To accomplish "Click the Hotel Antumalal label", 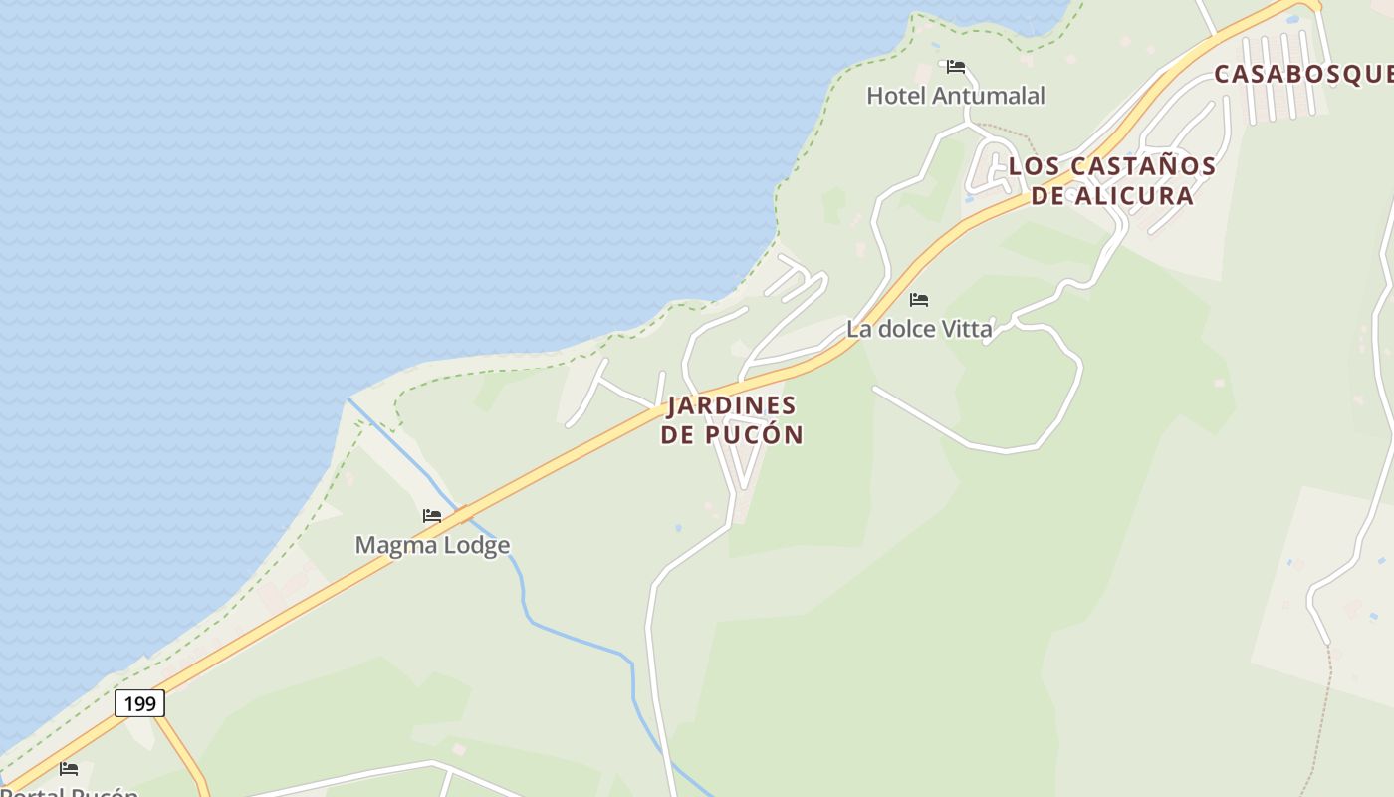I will point(956,96).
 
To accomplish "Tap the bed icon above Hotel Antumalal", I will point(956,68).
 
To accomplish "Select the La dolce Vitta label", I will point(919,328).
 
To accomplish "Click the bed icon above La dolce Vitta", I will point(919,299).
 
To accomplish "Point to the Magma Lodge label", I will point(432,545).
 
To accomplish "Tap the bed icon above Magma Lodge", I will point(432,516).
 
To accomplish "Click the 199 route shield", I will point(139,703).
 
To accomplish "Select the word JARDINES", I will point(732,406).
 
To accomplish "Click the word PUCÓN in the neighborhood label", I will point(754,435).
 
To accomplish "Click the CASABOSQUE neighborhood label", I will point(1302,74).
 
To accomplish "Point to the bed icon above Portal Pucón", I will point(69,769).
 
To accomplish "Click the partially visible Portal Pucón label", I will point(70,791).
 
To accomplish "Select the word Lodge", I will point(477,545).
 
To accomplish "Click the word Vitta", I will point(966,328).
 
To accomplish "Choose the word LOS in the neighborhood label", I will point(1031,166).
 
